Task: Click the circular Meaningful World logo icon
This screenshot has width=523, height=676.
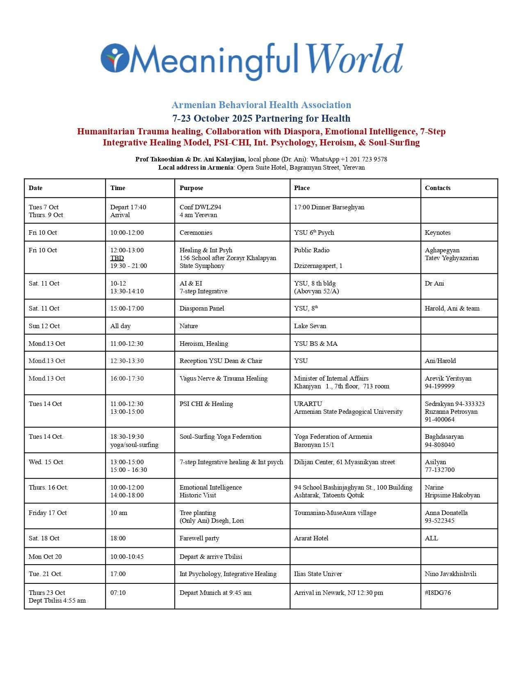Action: coord(115,58)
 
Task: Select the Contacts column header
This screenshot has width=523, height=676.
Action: coord(437,188)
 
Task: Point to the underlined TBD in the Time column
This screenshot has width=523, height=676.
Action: coord(117,258)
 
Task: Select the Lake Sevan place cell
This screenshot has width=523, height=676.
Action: coord(310,326)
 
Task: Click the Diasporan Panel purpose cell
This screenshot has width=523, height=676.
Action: coord(202,309)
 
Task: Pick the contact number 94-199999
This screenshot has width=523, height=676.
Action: coord(439,386)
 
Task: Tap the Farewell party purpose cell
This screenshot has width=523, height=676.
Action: coord(199,538)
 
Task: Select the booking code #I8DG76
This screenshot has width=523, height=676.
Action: coord(438,593)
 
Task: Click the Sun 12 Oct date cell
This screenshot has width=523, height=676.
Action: coord(44,326)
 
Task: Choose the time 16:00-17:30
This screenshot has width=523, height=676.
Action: coord(127,379)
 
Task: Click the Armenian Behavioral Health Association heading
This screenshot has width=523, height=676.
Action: coord(261,105)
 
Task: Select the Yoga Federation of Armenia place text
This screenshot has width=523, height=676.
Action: coord(333,437)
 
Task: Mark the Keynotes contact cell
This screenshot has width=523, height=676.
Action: coord(438,233)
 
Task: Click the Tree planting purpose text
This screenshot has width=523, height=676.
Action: coord(198,513)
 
